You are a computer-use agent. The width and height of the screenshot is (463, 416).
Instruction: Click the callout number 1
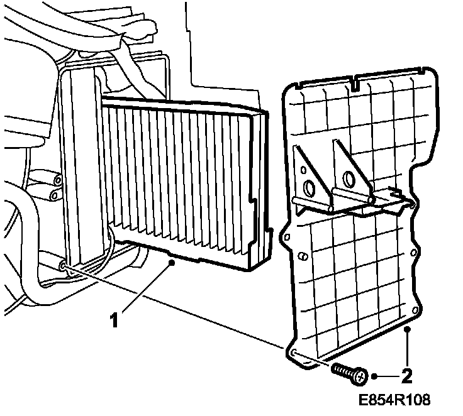tap(114, 320)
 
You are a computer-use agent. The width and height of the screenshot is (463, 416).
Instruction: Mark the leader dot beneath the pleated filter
tap(172, 266)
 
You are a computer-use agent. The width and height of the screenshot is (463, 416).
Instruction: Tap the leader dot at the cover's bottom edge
tap(408, 328)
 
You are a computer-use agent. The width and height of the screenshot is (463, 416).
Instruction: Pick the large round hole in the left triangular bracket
tap(309, 188)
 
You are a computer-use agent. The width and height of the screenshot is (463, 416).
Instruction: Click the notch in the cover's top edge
tap(356, 80)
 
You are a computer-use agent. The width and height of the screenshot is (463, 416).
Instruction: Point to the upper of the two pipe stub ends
tap(58, 180)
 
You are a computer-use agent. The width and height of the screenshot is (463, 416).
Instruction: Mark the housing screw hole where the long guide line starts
tap(64, 266)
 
